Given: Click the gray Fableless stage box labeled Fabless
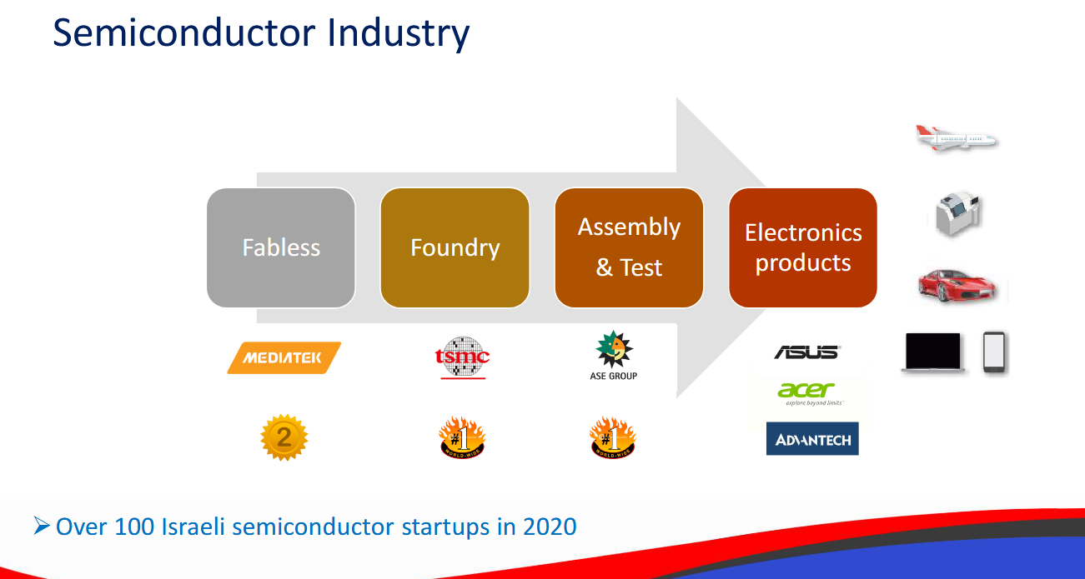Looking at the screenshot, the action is click(281, 247).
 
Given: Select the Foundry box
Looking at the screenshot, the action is click(455, 247).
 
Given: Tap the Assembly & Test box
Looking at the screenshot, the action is click(629, 247).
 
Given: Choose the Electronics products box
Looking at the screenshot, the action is click(803, 247).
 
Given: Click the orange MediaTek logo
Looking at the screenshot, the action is click(284, 358).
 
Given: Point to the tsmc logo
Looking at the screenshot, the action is click(463, 357).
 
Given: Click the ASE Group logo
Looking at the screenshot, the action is click(613, 356).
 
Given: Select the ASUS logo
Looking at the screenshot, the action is click(807, 352).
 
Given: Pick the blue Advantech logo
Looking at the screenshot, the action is click(812, 439).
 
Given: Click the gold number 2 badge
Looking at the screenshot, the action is click(284, 437).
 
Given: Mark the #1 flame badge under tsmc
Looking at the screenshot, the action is click(462, 437).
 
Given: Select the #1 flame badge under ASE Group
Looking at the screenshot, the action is click(613, 437).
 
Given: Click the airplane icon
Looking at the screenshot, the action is click(957, 139).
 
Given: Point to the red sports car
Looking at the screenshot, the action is click(957, 285).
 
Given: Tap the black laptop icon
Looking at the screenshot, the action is click(933, 352).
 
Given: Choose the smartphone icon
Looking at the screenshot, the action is click(994, 352).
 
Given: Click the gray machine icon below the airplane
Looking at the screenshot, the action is click(957, 212).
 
